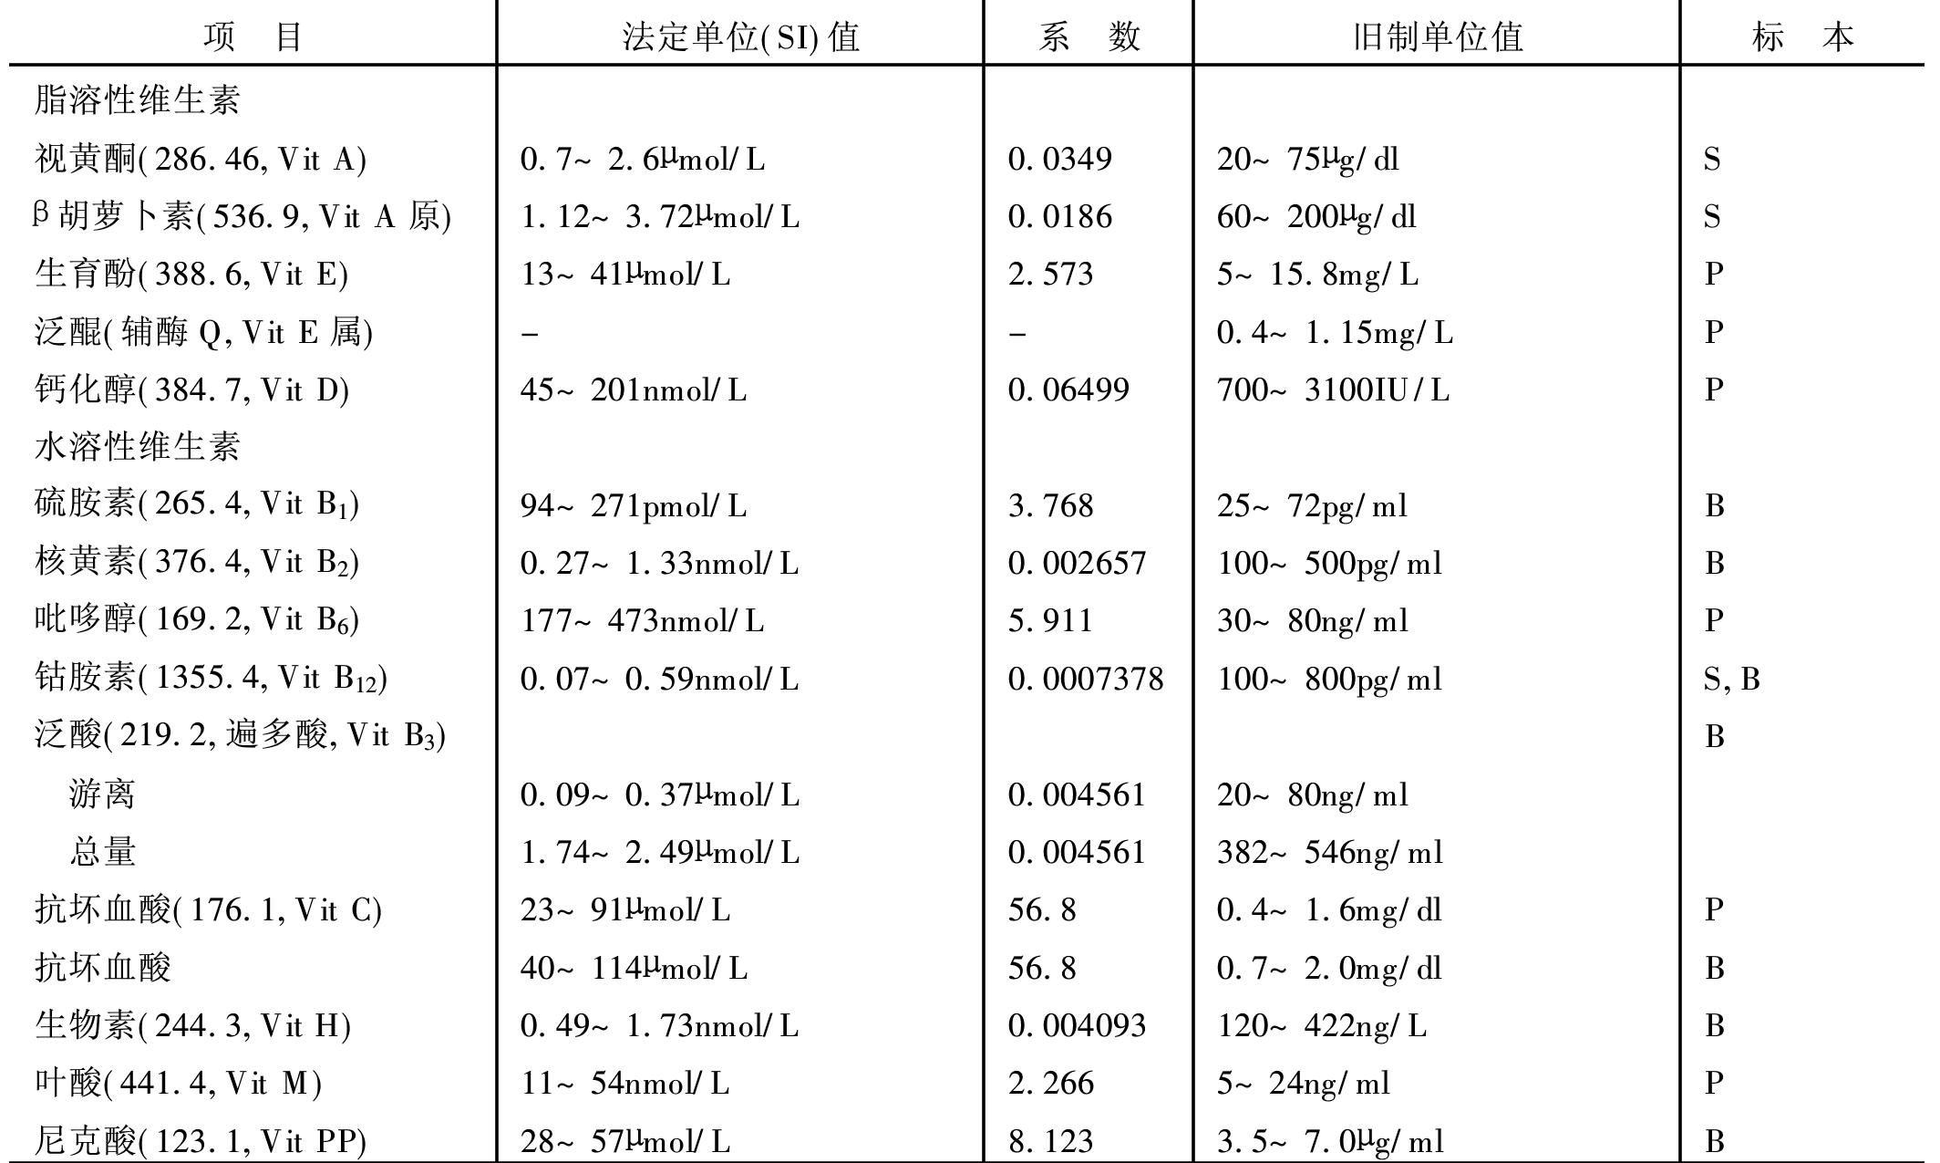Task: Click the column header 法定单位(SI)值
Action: (740, 37)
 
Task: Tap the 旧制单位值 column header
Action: (1437, 37)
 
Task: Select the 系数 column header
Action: (1089, 37)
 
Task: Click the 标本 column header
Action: (1802, 37)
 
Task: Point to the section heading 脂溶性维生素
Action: (137, 99)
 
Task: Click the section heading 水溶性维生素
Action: (137, 447)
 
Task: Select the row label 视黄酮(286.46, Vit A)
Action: (200, 160)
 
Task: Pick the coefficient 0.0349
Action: (1059, 160)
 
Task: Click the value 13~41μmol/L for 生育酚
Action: (625, 275)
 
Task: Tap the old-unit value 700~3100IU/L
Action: (1333, 390)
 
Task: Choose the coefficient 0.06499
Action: (1068, 390)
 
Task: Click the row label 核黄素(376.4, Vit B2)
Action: (196, 562)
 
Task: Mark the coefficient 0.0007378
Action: (1086, 679)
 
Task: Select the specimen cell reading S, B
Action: (1731, 679)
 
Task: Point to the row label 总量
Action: (102, 852)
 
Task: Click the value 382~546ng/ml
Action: (1330, 852)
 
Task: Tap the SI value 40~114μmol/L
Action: (634, 968)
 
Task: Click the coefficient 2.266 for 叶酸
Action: (1050, 1084)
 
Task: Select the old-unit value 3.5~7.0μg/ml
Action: (1330, 1141)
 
